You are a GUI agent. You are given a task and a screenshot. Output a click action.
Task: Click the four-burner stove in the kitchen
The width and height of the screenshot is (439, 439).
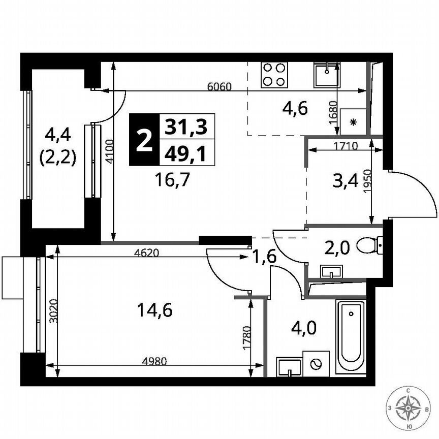pyautogui.click(x=274, y=74)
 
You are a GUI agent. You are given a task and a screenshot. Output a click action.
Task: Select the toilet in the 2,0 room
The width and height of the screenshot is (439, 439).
pyautogui.click(x=370, y=246)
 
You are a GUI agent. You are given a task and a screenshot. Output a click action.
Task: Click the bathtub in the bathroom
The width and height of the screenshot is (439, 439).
pyautogui.click(x=351, y=336)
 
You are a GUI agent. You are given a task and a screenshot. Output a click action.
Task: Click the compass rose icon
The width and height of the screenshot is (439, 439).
pyautogui.click(x=409, y=407)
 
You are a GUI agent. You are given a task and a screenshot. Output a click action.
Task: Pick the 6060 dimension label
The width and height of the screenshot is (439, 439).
pyautogui.click(x=219, y=86)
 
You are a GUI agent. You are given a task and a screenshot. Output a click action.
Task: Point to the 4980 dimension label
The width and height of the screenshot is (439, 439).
pyautogui.click(x=155, y=361)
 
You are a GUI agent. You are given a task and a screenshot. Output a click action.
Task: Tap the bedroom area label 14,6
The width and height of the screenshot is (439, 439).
pyautogui.click(x=155, y=309)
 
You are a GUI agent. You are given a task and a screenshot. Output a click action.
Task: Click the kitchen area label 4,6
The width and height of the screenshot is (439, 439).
pyautogui.click(x=295, y=109)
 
